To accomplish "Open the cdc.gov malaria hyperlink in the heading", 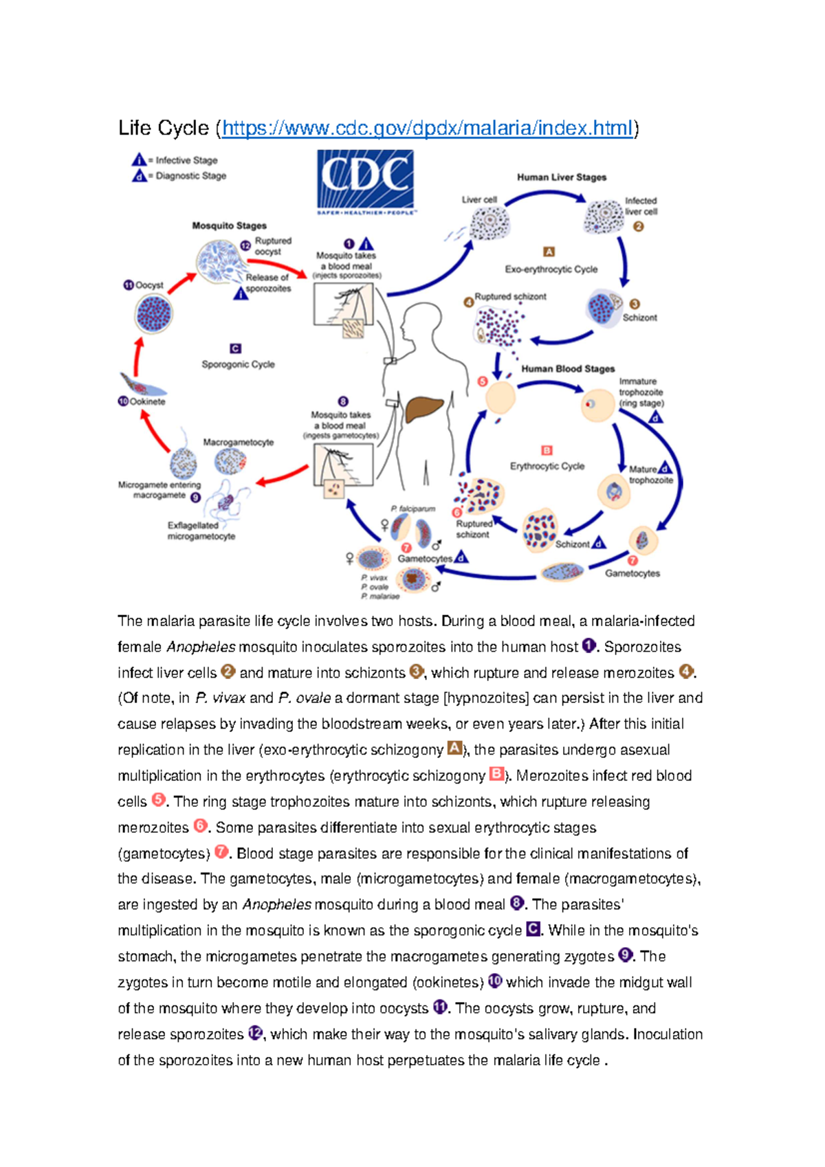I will [x=427, y=129].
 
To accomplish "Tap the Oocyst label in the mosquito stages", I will [x=148, y=285].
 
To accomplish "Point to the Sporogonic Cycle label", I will [x=238, y=364].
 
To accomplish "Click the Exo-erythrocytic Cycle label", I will [x=551, y=269].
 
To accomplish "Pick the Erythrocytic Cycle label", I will [x=547, y=466].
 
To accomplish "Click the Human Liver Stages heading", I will [x=562, y=177].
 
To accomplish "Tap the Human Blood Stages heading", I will [x=568, y=369].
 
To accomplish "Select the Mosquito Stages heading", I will [x=229, y=225].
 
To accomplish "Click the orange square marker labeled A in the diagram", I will [x=549, y=252].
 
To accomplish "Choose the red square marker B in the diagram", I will [x=547, y=451].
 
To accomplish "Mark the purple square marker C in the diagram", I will [x=235, y=348].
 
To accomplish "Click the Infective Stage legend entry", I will [x=186, y=160].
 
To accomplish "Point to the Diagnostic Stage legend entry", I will [x=190, y=176].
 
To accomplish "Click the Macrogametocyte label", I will [x=238, y=442].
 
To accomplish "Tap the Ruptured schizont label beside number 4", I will [x=510, y=297].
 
